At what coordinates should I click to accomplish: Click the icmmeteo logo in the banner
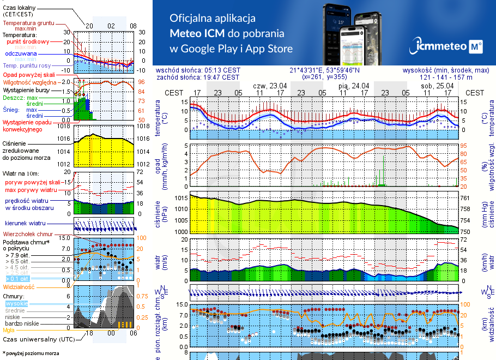pos(448,47)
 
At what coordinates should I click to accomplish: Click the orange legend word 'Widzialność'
pos(19,286)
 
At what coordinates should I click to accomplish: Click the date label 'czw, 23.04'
pos(270,86)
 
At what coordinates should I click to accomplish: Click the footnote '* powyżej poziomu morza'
pos(31,353)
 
